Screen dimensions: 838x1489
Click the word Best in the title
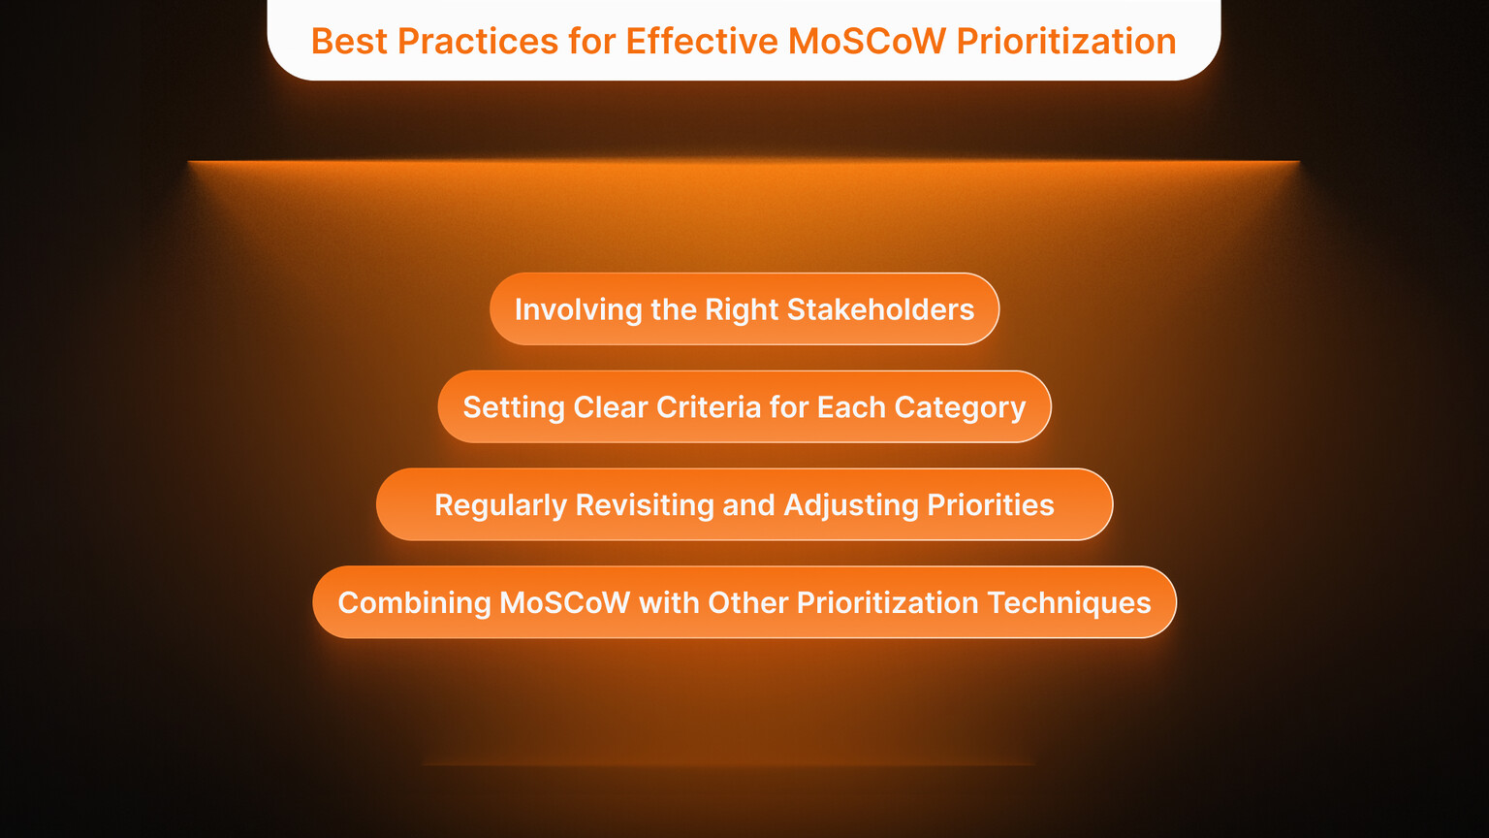[x=349, y=42]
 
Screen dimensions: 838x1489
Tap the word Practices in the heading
[x=478, y=42]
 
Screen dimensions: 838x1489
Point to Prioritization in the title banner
[x=1066, y=42]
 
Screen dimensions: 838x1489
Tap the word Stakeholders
[x=880, y=309]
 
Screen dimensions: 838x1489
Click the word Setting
[x=514, y=407]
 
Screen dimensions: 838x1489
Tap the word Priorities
[x=991, y=505]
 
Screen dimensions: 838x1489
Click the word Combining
[x=414, y=603]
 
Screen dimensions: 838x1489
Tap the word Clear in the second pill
[x=610, y=407]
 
